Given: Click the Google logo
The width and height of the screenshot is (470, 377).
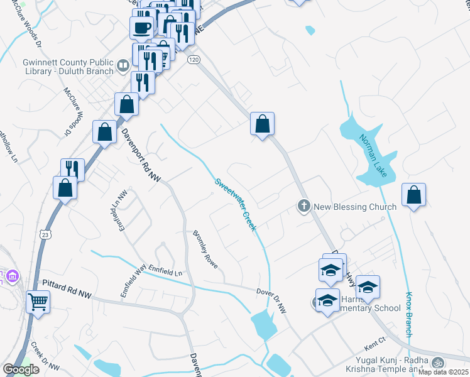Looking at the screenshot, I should [x=21, y=369].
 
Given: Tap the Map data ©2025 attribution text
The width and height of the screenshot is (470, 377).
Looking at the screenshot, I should [x=443, y=372].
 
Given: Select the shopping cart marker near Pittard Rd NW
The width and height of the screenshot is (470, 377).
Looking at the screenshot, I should [x=38, y=302].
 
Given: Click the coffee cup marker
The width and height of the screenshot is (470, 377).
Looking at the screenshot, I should [x=141, y=28].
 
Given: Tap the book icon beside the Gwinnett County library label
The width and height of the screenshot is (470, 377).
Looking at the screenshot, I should [x=123, y=63].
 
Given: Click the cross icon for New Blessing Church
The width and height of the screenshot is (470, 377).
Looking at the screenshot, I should [x=303, y=206].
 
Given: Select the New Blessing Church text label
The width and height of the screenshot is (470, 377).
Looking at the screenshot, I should [x=355, y=207].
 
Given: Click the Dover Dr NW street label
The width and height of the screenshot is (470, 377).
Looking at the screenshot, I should [x=271, y=292].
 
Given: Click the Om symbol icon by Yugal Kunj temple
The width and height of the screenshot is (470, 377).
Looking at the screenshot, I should [x=437, y=362].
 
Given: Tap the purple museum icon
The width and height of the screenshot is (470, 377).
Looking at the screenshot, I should [x=12, y=275].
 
